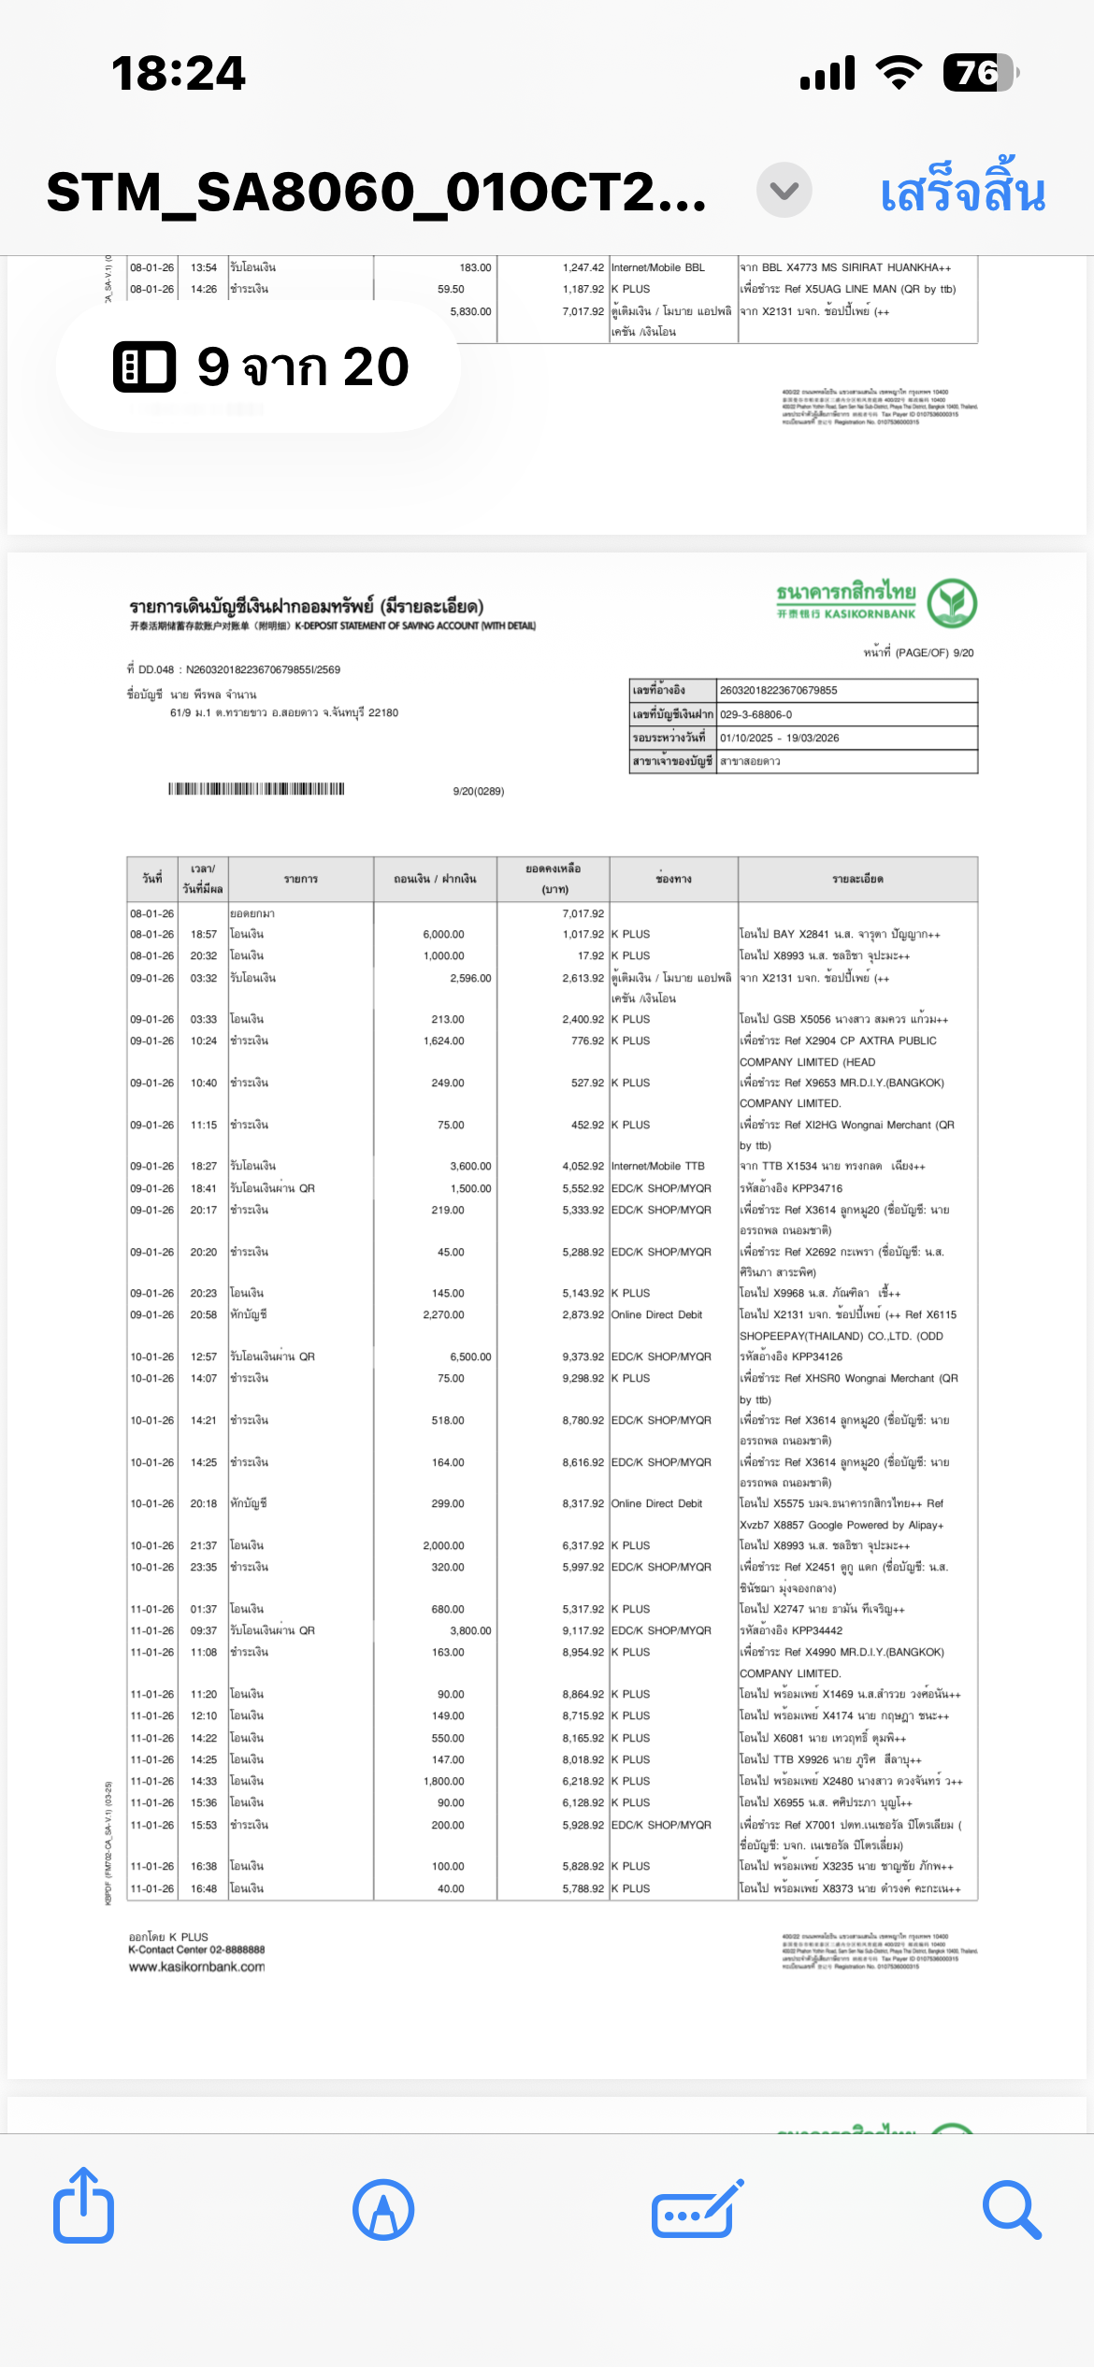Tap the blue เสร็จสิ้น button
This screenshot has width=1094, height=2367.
962,192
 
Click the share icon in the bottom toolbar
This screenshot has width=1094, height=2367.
84,2208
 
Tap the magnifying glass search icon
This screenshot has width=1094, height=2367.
1012,2210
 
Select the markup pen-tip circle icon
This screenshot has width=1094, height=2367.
383,2210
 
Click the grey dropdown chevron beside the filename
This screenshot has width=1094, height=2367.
784,191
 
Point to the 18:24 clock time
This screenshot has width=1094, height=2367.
179,73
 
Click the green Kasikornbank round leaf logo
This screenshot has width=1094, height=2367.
952,604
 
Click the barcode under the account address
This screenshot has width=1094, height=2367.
256,789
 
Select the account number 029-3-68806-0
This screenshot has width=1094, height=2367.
756,714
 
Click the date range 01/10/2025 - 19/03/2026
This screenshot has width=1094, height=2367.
779,738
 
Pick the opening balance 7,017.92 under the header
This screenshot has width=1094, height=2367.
583,913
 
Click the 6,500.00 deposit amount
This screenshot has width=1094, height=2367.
470,1356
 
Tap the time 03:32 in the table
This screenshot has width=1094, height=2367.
203,978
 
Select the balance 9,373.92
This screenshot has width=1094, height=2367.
583,1356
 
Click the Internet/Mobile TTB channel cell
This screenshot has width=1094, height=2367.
657,1166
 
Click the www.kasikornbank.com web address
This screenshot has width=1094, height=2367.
196,1967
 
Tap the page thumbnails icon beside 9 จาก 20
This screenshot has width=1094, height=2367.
144,366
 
